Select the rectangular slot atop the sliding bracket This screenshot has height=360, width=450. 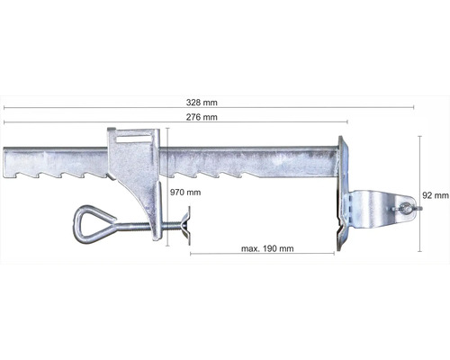tap(134, 137)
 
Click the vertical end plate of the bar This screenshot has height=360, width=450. tap(339, 193)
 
